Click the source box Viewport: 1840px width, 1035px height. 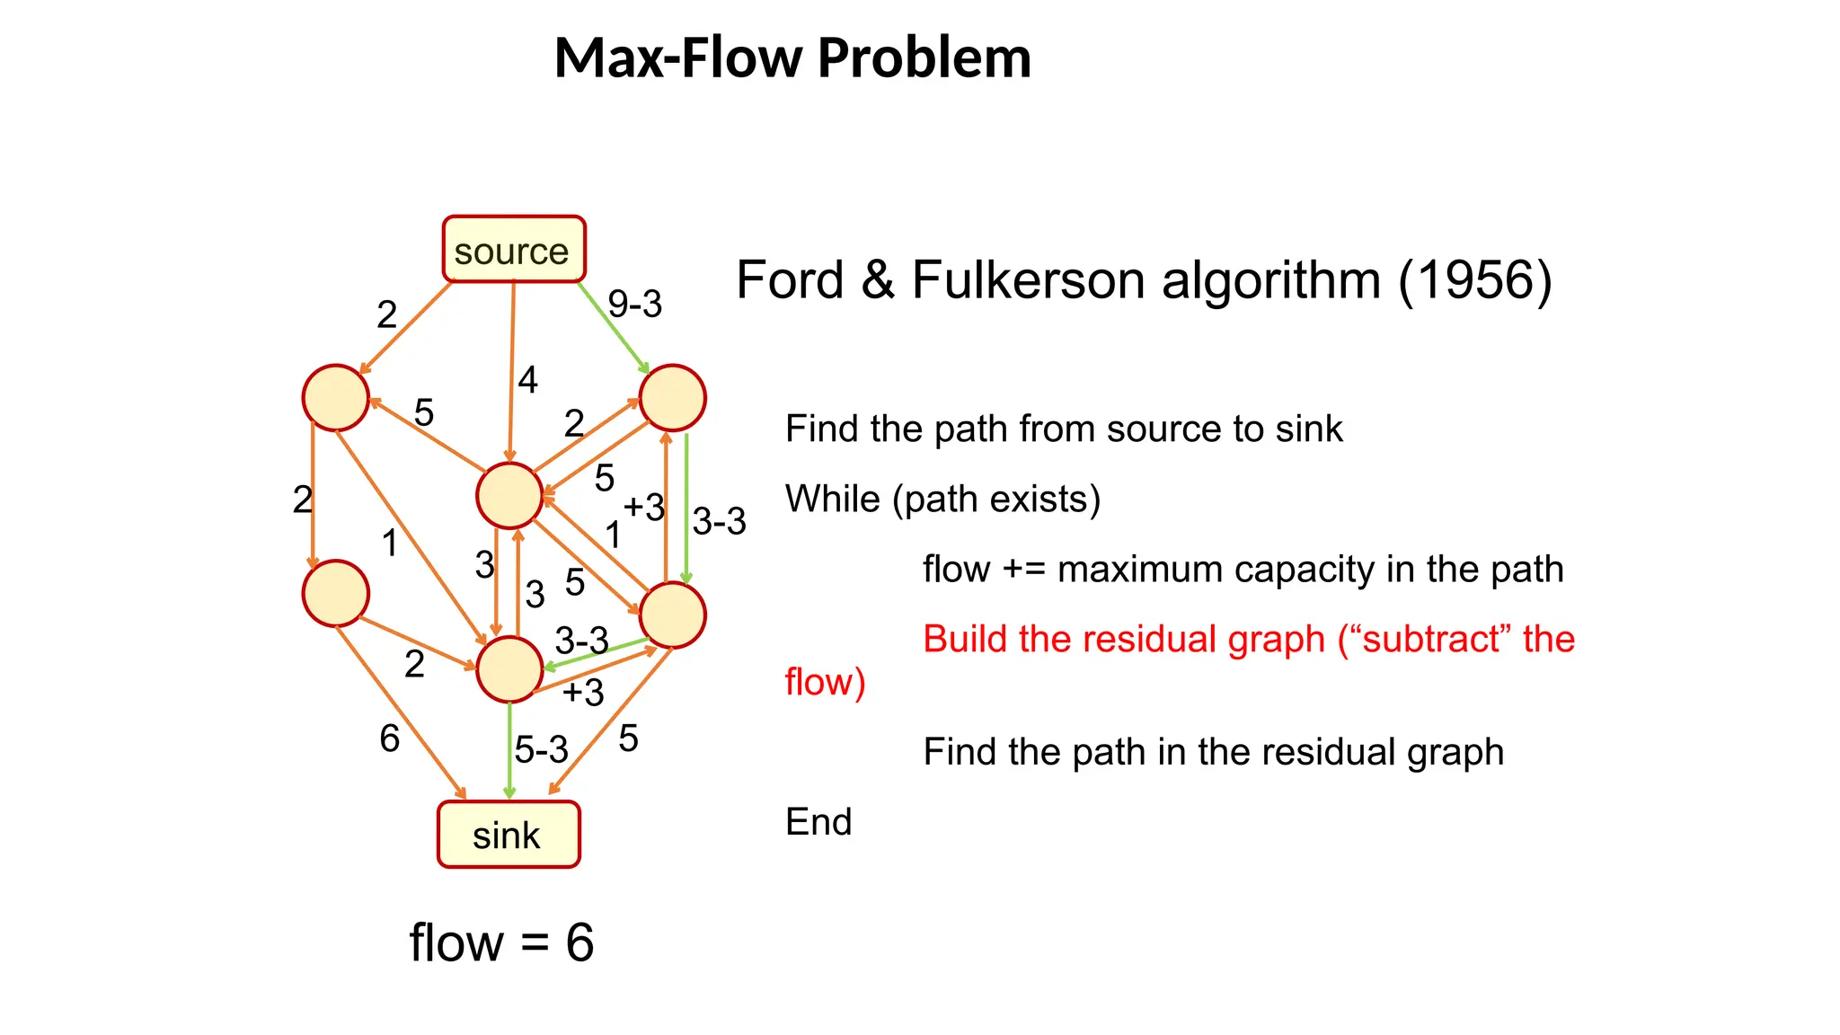click(x=513, y=250)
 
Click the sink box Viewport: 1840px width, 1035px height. click(x=509, y=835)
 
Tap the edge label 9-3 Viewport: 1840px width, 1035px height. click(x=634, y=304)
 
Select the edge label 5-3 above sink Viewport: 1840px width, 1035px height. click(x=541, y=749)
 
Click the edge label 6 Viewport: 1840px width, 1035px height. click(x=389, y=739)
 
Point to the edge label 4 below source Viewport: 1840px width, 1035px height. click(x=527, y=380)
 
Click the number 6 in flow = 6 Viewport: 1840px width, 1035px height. click(x=579, y=942)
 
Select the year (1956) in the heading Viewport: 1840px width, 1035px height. click(x=1474, y=280)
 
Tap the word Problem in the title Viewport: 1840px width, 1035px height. click(x=924, y=58)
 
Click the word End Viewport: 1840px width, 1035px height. click(x=818, y=821)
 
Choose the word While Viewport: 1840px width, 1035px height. click(x=832, y=499)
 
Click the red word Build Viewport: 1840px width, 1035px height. click(x=964, y=639)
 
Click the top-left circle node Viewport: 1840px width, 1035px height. click(x=335, y=397)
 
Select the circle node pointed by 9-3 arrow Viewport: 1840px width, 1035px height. click(x=672, y=397)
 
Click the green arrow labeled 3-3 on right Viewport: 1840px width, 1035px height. click(x=686, y=508)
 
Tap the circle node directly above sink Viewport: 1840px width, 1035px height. click(x=509, y=669)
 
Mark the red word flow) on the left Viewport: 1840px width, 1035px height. click(x=824, y=682)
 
